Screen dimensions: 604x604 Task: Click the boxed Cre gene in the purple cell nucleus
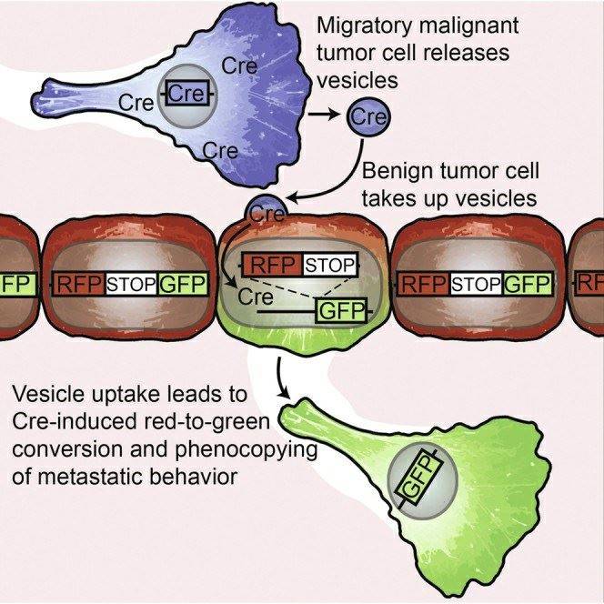point(186,94)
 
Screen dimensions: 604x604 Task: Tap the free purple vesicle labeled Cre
point(368,116)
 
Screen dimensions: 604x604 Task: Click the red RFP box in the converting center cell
point(271,265)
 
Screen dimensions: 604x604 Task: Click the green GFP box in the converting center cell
point(339,313)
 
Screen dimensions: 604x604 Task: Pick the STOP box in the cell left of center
point(133,284)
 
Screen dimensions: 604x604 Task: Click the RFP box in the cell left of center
point(81,284)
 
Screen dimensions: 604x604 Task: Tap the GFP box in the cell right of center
point(527,284)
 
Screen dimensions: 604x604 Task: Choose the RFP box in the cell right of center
point(425,284)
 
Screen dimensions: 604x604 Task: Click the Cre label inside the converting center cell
point(257,297)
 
